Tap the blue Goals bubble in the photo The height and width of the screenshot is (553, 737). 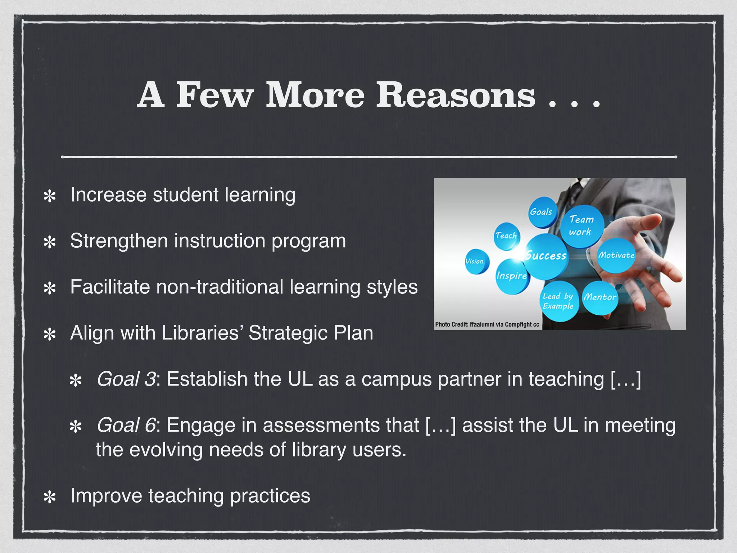pyautogui.click(x=542, y=212)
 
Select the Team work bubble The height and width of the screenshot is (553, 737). pyautogui.click(x=581, y=226)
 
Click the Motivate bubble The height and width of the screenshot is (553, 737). pyautogui.click(x=616, y=255)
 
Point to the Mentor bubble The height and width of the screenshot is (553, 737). pyautogui.click(x=600, y=297)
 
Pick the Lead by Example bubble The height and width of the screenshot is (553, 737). pyautogui.click(x=558, y=301)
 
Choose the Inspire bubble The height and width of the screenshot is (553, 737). pyautogui.click(x=512, y=276)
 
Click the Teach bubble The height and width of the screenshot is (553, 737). pyautogui.click(x=506, y=236)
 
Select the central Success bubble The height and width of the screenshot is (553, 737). pyautogui.click(x=546, y=256)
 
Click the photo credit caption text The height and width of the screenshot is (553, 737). pyautogui.click(x=487, y=324)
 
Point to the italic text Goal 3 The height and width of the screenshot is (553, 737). pyautogui.click(x=126, y=379)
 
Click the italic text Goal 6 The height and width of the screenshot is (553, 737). pyautogui.click(x=126, y=425)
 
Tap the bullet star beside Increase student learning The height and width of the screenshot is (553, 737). pyautogui.click(x=50, y=196)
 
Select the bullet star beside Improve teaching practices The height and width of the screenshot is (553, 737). pyautogui.click(x=50, y=497)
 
